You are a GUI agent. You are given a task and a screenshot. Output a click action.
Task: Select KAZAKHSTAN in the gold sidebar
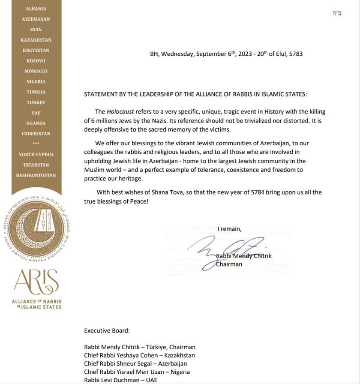pos(36,40)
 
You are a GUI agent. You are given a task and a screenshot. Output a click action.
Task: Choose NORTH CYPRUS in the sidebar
pos(36,154)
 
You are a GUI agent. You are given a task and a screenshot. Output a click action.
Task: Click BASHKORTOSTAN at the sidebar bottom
pos(36,175)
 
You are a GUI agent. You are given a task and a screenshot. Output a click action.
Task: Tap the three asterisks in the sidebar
pos(36,144)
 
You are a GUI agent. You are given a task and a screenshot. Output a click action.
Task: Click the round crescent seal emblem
pos(36,230)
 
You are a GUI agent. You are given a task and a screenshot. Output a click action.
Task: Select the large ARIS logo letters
pos(36,281)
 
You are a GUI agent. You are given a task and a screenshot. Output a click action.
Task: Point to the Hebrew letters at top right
pos(337,14)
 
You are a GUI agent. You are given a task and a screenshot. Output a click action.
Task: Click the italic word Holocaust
pos(118,111)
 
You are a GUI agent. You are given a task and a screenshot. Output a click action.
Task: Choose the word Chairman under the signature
pos(229,264)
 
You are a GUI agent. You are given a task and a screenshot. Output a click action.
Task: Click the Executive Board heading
pos(107,330)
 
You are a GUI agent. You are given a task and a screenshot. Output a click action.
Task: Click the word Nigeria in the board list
pos(179,372)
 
